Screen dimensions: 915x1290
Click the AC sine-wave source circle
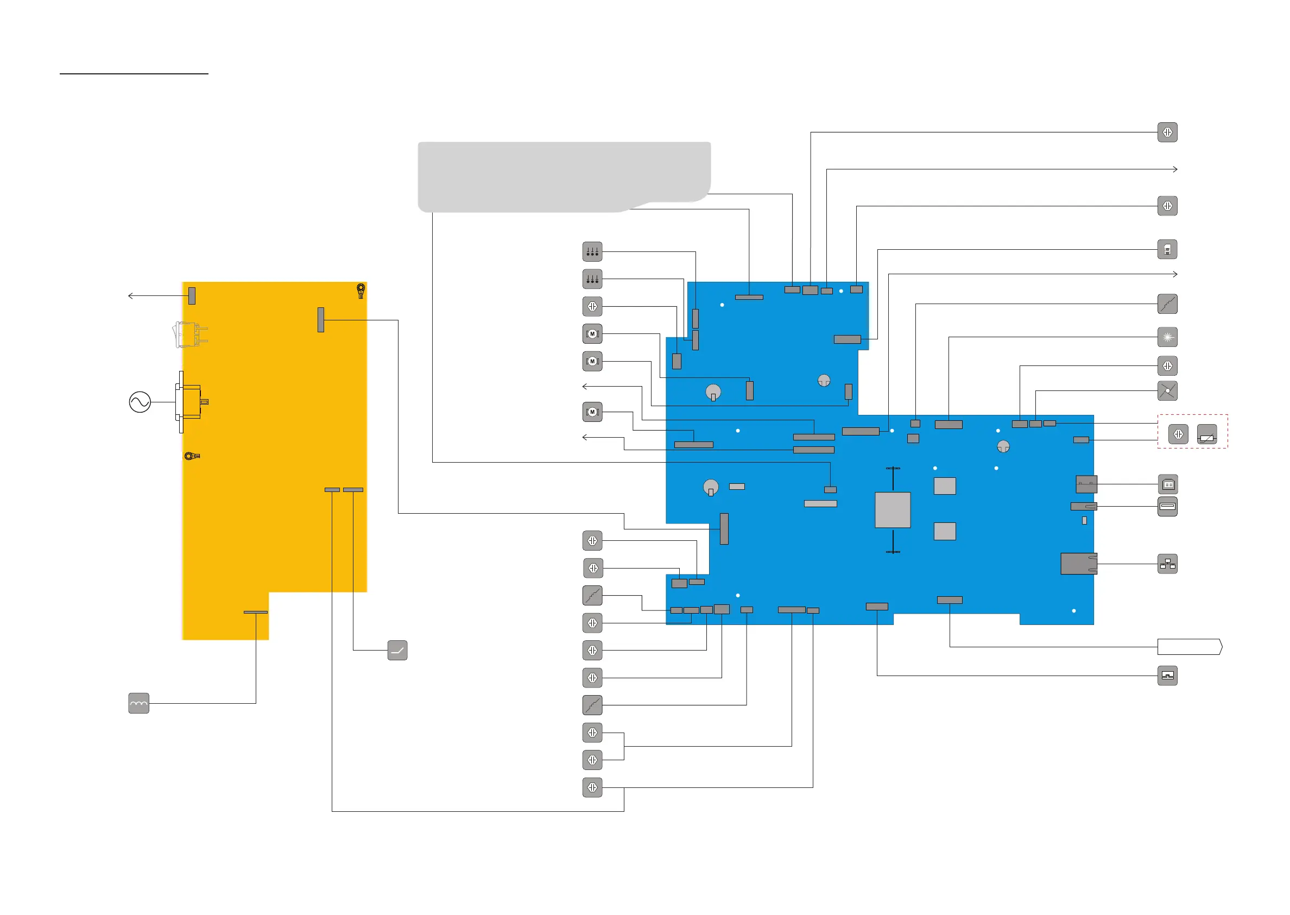pyautogui.click(x=140, y=402)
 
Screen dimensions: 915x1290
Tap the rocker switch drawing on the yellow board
pyautogui.click(x=189, y=334)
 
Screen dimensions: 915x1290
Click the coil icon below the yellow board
pyautogui.click(x=138, y=703)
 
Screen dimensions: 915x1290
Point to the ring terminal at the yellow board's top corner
pyautogui.click(x=361, y=290)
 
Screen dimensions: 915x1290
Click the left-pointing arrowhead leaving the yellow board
pyautogui.click(x=131, y=296)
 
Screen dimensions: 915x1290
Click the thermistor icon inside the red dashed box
pyautogui.click(x=1206, y=434)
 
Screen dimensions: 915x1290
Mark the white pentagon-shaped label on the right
pyautogui.click(x=1189, y=647)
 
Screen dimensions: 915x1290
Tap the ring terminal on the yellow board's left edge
pyautogui.click(x=192, y=456)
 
